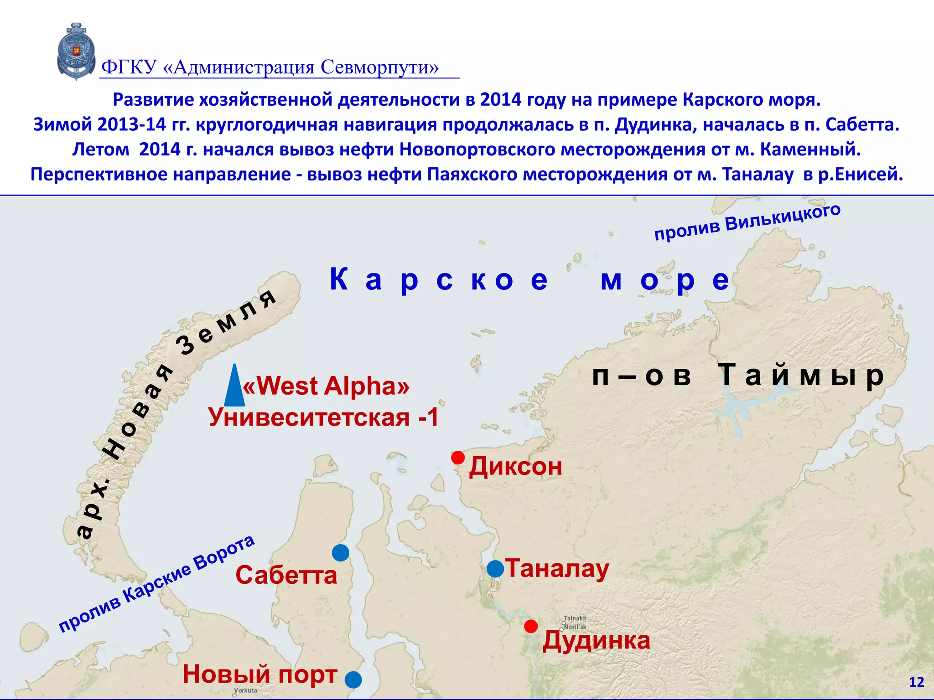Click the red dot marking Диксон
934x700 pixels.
[x=458, y=457]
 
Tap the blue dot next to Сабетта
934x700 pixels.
[x=340, y=553]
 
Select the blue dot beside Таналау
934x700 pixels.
[x=495, y=569]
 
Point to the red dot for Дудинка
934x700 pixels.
[x=530, y=626]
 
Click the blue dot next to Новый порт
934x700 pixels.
[x=353, y=679]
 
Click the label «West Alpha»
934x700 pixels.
[x=326, y=386]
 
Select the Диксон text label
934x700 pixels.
[x=515, y=467]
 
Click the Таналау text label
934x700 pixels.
[x=557, y=569]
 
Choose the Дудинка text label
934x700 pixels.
[x=596, y=640]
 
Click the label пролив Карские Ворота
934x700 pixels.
[x=156, y=584]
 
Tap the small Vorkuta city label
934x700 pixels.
[x=246, y=690]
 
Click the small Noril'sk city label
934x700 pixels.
[x=576, y=627]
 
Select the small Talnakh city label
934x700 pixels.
[x=575, y=618]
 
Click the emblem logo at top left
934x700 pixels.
[x=76, y=51]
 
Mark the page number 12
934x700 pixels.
[x=916, y=682]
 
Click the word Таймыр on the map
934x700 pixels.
[x=801, y=376]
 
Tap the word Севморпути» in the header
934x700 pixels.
[x=379, y=67]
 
